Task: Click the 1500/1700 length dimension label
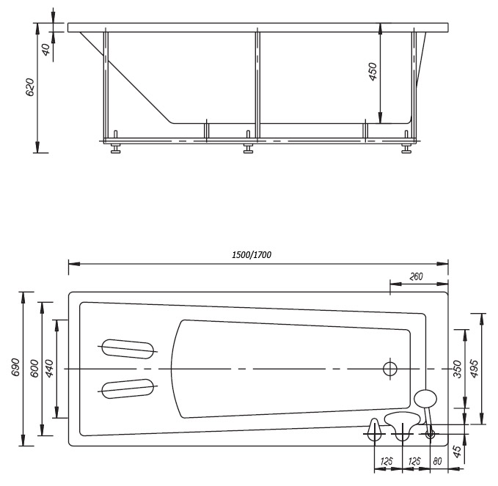252,254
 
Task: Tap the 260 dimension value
416,276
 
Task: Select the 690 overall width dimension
15,367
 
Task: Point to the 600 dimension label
34,369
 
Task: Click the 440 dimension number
50,369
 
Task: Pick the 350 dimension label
457,369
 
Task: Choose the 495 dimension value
474,369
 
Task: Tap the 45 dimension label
456,452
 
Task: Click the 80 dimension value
437,461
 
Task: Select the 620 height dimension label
29,87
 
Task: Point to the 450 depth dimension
373,71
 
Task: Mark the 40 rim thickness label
46,50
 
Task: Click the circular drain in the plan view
390,369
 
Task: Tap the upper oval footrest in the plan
128,349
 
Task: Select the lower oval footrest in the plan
128,389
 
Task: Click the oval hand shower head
425,399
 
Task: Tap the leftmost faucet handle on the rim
374,430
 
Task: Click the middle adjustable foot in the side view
248,147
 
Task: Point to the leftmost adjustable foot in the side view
116,147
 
